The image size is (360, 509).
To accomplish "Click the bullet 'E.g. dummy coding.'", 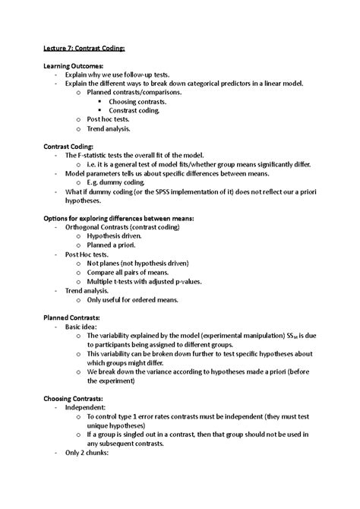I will click(x=116, y=182).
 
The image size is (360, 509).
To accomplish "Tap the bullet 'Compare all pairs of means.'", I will click(x=128, y=272).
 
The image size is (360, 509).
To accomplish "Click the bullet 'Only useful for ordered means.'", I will click(x=133, y=299).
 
